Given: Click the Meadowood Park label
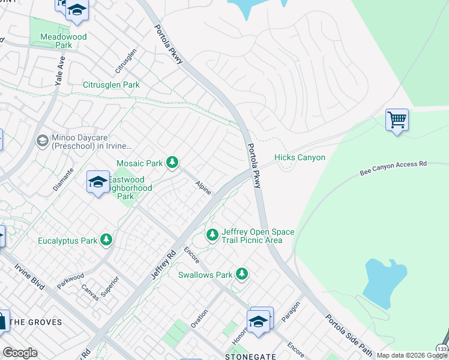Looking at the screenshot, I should [x=63, y=41].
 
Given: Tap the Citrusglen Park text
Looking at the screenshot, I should [x=111, y=85].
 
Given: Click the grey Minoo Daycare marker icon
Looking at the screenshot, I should [x=42, y=140].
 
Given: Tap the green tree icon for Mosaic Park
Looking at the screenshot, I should [x=172, y=163].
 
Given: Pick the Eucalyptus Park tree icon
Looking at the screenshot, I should [x=106, y=241].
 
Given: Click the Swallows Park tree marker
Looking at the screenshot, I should [x=241, y=275].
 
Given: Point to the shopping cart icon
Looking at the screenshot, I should [x=397, y=120].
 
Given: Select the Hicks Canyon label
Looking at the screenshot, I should [x=300, y=158].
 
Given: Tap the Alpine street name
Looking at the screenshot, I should [x=203, y=188].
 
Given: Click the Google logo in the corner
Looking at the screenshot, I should [x=20, y=353].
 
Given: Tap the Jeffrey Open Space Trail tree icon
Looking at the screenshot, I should [x=212, y=235].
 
